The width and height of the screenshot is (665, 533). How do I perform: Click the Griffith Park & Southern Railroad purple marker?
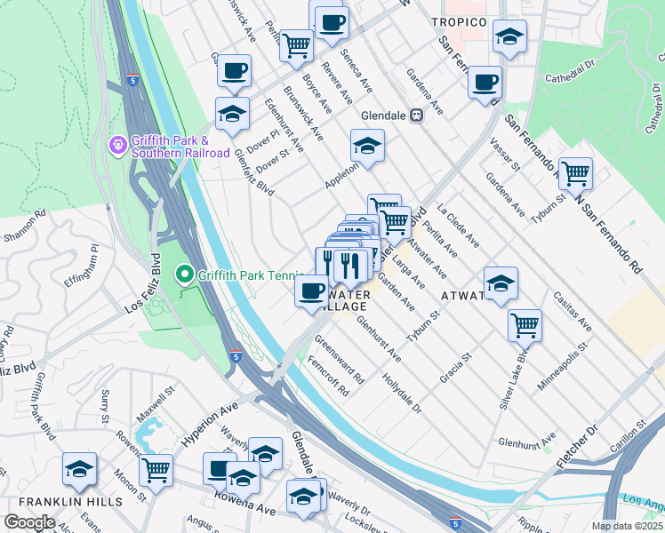pyautogui.click(x=116, y=144)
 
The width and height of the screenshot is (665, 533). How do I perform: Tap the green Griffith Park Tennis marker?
pyautogui.click(x=186, y=274)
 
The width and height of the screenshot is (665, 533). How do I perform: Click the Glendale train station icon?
pyautogui.click(x=415, y=115)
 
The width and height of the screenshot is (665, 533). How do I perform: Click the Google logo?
pyautogui.click(x=29, y=522)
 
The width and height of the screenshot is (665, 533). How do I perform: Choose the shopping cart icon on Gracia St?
pyautogui.click(x=525, y=325)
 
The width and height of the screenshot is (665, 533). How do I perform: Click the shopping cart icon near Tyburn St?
pyautogui.click(x=575, y=172)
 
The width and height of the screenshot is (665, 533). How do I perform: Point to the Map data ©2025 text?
pyautogui.click(x=628, y=526)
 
